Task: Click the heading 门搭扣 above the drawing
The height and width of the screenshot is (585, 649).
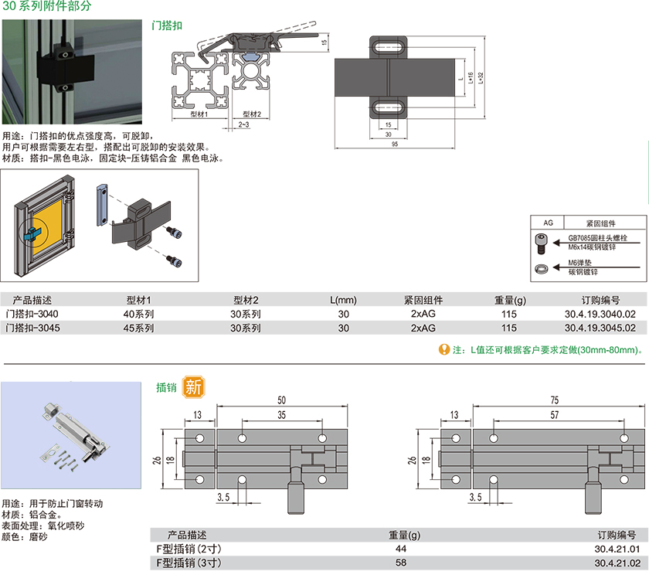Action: pos(167,26)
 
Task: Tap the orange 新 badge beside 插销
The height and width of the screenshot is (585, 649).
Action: pos(193,386)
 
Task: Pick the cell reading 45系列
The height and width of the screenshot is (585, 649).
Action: pos(139,328)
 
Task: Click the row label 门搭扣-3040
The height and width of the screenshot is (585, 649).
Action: pos(32,315)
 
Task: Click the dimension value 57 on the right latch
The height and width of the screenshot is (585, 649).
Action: pos(555,415)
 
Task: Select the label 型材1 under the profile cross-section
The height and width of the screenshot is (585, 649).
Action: pos(199,114)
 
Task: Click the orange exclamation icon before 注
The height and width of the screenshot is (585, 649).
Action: pos(443,349)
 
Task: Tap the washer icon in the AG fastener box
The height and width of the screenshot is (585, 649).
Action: pos(542,267)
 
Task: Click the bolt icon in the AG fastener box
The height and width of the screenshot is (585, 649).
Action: pos(542,242)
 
